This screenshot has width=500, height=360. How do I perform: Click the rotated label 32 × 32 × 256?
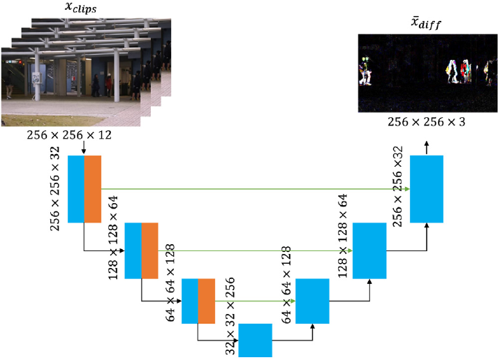coord(230,311)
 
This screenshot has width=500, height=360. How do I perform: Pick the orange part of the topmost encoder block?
coord(93,189)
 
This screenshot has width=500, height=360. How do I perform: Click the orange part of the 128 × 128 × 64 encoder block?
coord(149,250)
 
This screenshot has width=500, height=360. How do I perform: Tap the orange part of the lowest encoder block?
coord(206,300)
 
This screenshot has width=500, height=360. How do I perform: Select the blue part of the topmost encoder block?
coord(76,189)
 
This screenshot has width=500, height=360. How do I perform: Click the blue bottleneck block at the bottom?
coord(256,340)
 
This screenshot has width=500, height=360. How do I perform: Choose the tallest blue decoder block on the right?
coord(427,188)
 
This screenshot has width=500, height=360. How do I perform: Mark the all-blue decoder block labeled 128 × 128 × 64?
coord(369,250)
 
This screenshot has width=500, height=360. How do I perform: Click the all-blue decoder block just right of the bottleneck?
coord(312,300)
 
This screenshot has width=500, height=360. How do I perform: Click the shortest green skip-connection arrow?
coord(255,301)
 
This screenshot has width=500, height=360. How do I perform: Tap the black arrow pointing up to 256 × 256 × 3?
coord(427,145)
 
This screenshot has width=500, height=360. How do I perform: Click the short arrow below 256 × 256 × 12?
coord(83,148)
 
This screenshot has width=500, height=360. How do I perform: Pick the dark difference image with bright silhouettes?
coord(427,73)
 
